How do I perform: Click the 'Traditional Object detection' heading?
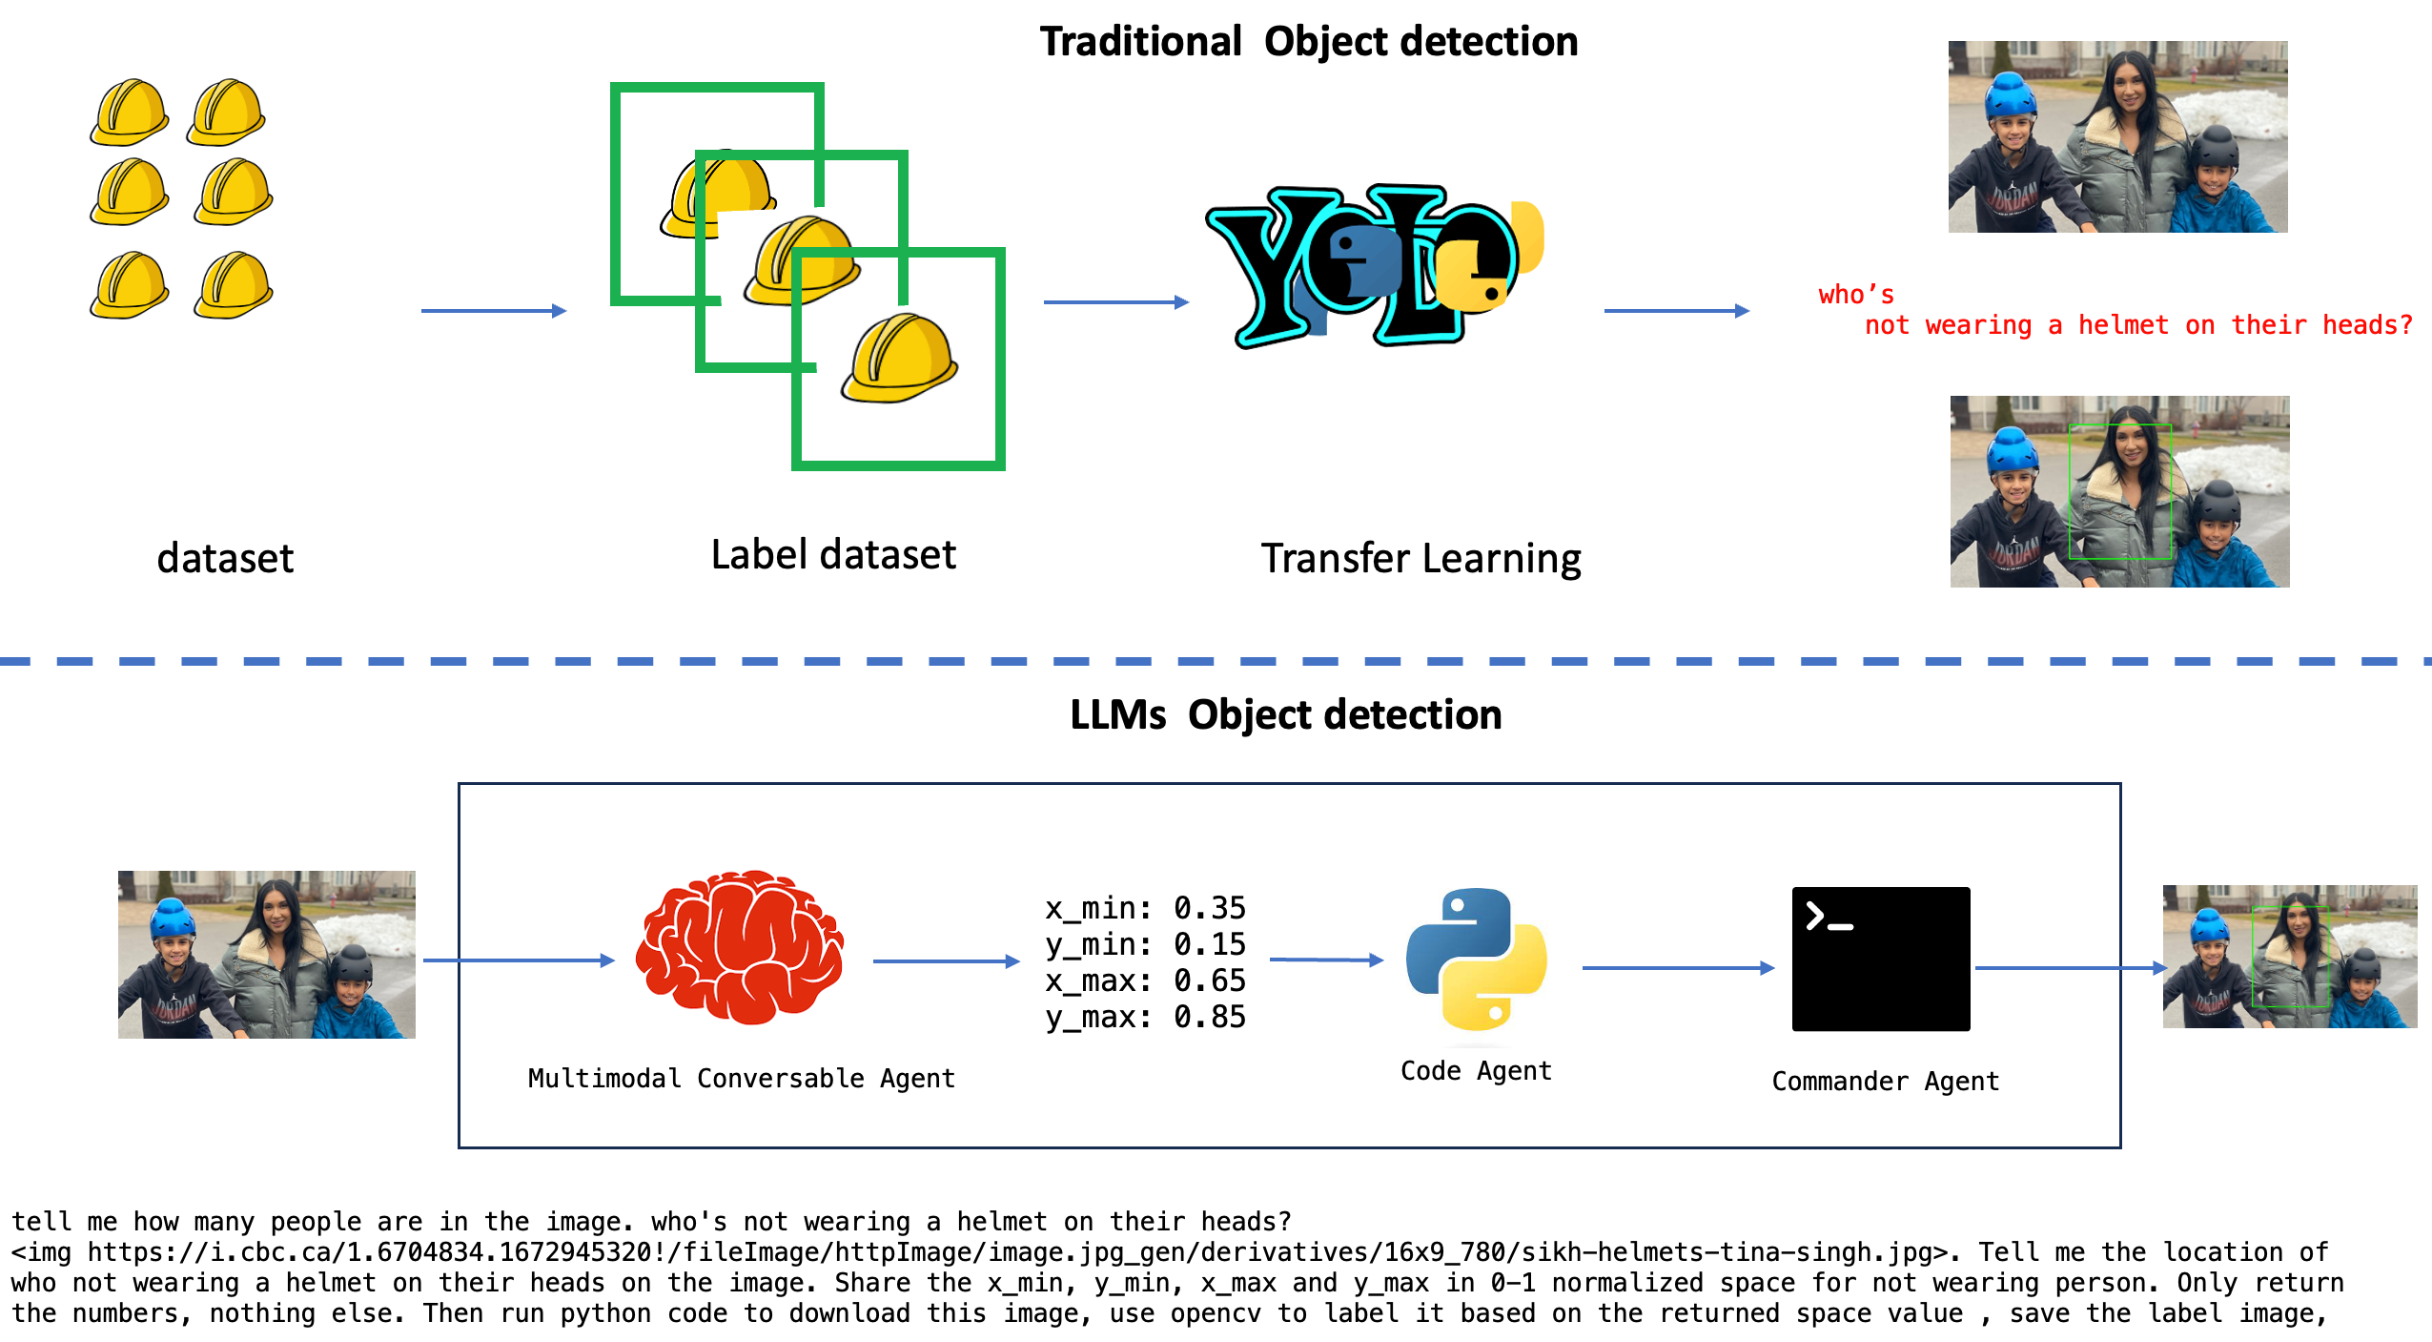(1308, 42)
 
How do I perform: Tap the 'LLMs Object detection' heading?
(1285, 715)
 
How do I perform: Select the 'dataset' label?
(225, 558)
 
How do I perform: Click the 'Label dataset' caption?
(833, 555)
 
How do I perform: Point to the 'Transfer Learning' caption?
(1420, 559)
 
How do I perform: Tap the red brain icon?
(741, 947)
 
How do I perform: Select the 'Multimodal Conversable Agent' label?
(741, 1079)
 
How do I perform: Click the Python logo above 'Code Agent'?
(1476, 960)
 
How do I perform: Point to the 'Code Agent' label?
(1476, 1071)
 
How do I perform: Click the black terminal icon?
(1880, 959)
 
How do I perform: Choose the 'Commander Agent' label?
(1885, 1082)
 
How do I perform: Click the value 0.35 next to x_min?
(1209, 908)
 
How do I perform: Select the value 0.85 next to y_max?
(1209, 1017)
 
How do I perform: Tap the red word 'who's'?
(1855, 296)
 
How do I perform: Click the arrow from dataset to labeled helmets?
(493, 311)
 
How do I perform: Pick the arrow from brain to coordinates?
(946, 961)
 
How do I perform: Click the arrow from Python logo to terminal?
(1677, 968)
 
